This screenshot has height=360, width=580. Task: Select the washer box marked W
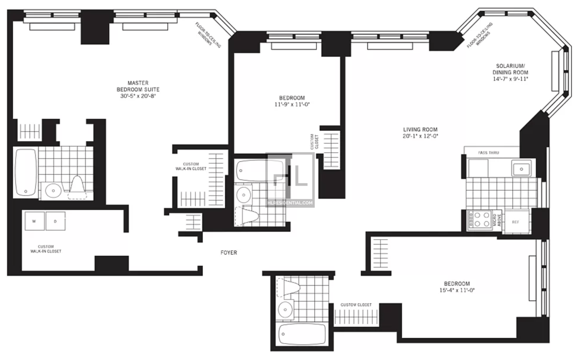[34, 221]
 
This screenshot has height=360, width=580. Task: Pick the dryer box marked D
[55, 221]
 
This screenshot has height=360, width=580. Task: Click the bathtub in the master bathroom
[26, 172]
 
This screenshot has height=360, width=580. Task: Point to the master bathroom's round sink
[52, 191]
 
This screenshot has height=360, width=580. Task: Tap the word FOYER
[229, 252]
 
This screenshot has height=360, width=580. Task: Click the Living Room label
[420, 130]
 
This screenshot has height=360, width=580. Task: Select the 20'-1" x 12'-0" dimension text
[420, 136]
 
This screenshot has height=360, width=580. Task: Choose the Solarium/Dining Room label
[507, 69]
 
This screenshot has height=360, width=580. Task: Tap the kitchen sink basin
[521, 169]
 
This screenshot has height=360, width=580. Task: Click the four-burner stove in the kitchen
[479, 220]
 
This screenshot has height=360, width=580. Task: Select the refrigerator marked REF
[516, 222]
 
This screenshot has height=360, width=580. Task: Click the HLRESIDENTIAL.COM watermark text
[290, 203]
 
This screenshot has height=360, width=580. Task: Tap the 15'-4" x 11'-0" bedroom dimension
[457, 290]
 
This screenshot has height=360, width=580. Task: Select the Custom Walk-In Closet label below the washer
[46, 248]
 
